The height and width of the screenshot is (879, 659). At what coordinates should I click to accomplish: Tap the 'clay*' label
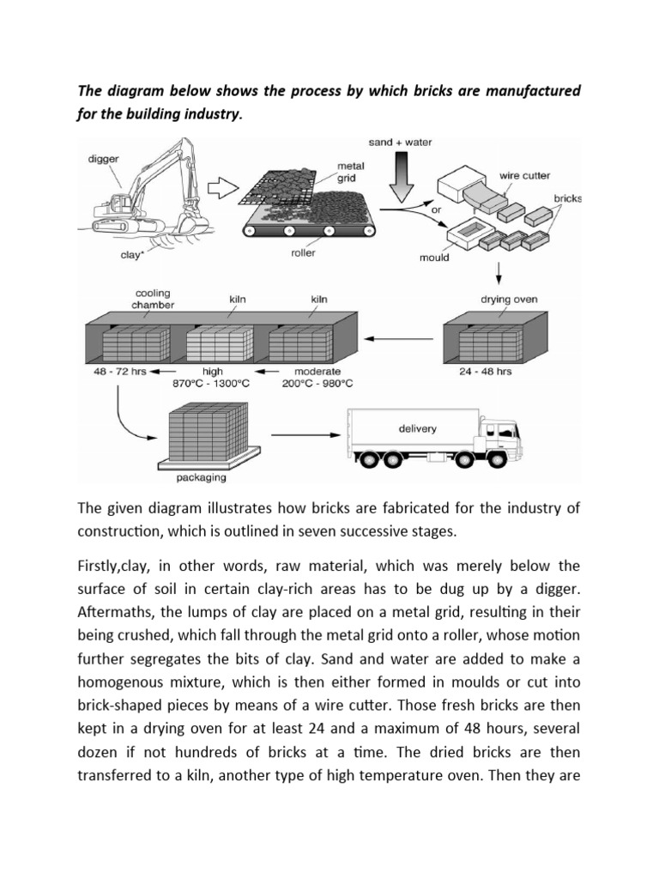(131, 255)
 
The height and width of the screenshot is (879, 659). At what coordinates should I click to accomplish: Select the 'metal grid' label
(351, 172)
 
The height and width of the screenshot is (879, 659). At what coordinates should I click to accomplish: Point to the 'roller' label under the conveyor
(303, 254)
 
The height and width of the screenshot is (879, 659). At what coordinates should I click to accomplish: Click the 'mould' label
(434, 257)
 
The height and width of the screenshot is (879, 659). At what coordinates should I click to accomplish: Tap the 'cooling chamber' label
(152, 298)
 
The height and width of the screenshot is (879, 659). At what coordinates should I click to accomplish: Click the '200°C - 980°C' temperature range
(317, 384)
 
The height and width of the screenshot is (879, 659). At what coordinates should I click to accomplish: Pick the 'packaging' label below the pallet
(203, 477)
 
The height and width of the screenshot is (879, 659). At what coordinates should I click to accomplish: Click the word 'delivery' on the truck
(417, 427)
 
